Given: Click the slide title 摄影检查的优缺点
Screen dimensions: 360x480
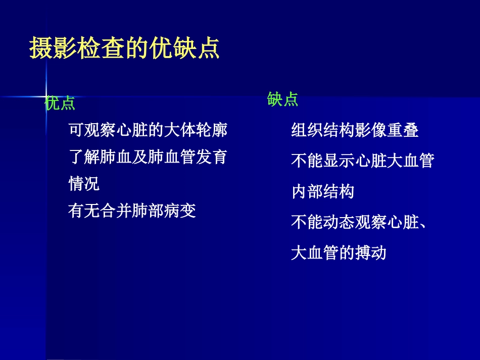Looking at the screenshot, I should [x=124, y=48].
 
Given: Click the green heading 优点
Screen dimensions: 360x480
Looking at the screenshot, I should [x=60, y=104].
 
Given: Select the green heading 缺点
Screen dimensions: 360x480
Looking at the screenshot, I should [x=282, y=99].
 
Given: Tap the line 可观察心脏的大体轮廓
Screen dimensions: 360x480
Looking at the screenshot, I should [x=148, y=130].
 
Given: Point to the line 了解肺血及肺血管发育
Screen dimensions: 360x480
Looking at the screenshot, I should [x=148, y=157].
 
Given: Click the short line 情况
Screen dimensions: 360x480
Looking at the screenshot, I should [x=84, y=183].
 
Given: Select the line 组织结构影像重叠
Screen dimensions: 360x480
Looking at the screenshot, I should [x=355, y=131].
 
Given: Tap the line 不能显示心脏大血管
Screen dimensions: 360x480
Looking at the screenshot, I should [x=362, y=161].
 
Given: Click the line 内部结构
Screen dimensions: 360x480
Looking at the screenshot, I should [x=323, y=192].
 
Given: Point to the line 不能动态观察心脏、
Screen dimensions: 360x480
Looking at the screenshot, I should [x=359, y=222].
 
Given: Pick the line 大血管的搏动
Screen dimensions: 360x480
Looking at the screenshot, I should [x=339, y=252].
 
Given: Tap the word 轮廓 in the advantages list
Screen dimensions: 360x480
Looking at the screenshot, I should [x=212, y=130].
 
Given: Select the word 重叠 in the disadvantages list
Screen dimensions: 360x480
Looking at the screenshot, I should [x=403, y=131].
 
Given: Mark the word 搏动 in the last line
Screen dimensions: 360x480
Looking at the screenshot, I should [x=370, y=252].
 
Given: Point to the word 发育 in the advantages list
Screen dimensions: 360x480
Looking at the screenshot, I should [x=212, y=157].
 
